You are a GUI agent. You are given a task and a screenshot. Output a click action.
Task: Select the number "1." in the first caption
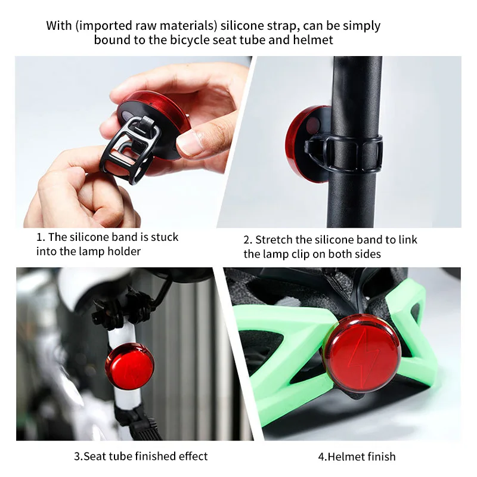41,237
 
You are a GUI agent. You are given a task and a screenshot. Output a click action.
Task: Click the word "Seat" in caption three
95,456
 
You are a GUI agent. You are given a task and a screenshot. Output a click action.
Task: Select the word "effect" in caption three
193,456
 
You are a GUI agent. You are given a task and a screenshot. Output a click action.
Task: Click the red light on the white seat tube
129,366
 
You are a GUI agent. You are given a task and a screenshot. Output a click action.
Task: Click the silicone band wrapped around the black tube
344,153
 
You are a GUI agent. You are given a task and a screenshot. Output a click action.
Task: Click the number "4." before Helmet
323,457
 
